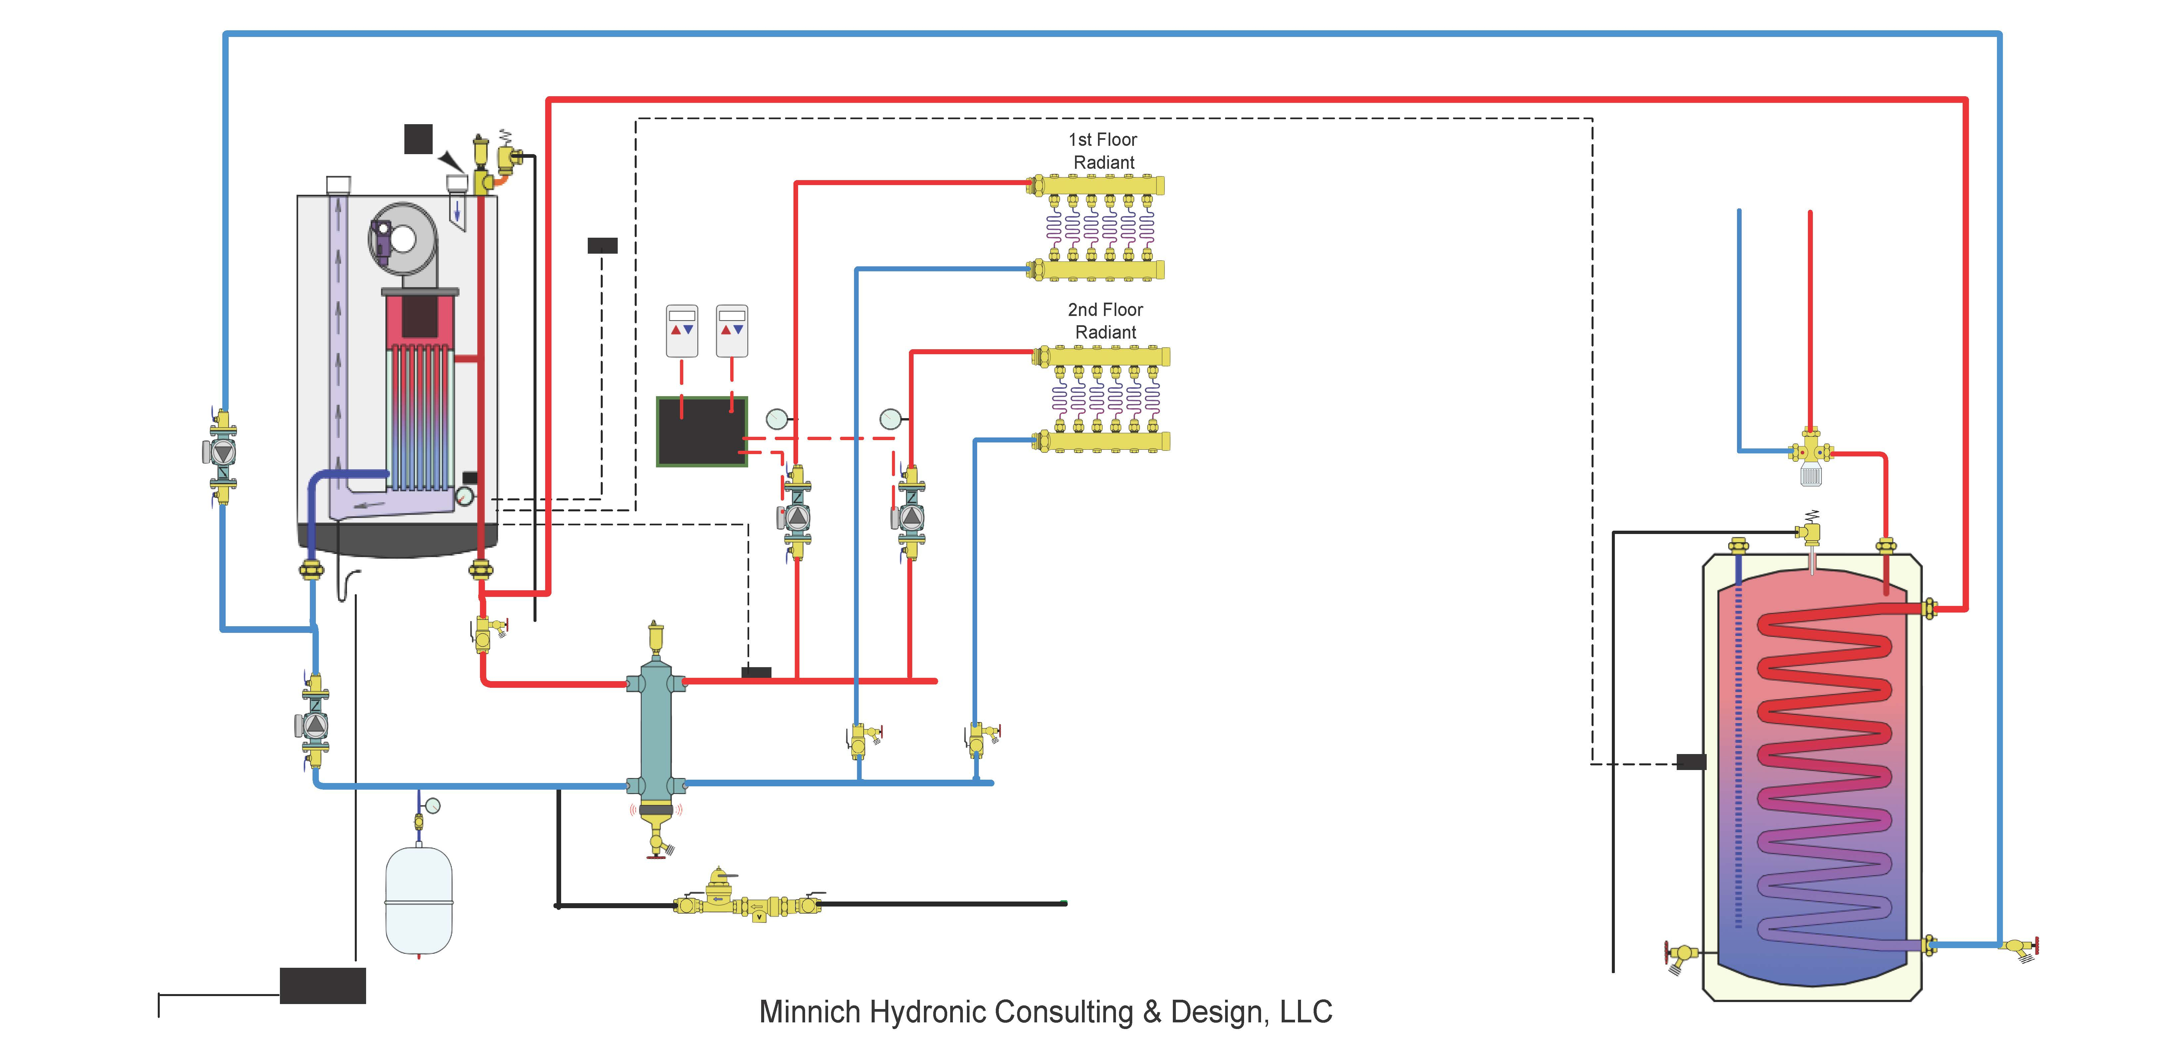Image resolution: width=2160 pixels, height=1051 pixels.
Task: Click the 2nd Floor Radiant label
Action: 1105,321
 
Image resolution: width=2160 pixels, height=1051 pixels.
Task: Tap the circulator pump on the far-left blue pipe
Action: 222,453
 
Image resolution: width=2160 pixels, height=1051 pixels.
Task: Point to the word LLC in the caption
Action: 1306,1012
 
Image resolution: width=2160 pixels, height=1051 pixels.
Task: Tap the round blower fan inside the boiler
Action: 402,239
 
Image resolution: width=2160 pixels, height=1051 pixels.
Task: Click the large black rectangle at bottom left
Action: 323,985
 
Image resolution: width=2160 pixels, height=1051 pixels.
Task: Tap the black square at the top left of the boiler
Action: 418,139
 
